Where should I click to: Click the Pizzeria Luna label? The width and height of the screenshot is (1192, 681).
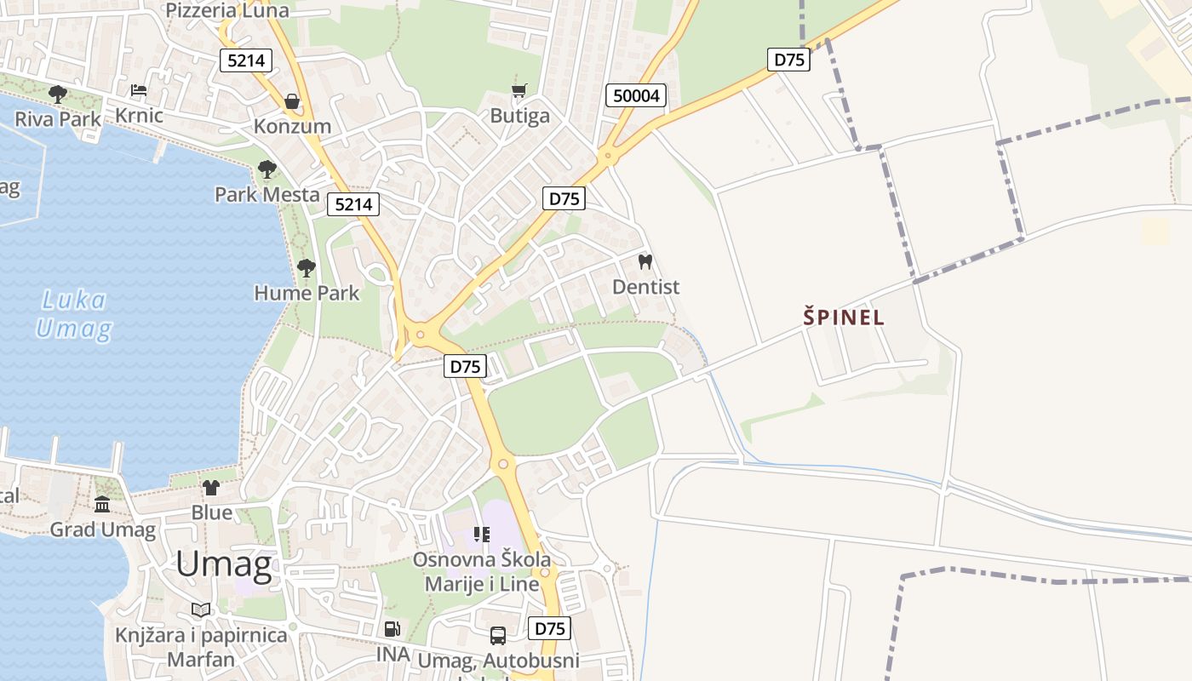point(227,10)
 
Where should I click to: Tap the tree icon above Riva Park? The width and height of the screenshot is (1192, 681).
point(58,94)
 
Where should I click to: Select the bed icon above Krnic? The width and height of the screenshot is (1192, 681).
point(138,90)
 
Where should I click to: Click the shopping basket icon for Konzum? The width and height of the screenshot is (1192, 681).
point(292,101)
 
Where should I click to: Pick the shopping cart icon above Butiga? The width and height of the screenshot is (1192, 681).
point(519,90)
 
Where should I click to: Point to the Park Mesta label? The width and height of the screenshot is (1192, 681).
point(267,194)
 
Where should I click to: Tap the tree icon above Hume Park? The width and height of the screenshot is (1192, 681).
point(307,269)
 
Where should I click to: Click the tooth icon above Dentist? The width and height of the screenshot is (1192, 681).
point(645,261)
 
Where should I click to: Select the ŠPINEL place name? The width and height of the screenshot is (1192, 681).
point(844,318)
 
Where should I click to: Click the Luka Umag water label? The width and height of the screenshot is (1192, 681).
point(74,314)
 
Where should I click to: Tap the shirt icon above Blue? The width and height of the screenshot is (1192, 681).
point(211,488)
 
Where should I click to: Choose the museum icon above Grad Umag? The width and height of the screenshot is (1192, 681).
point(103,505)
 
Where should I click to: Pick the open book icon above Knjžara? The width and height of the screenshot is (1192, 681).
point(201,609)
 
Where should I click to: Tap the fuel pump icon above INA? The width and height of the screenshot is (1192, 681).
point(393,629)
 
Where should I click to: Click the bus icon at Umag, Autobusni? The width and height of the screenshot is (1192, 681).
point(498,635)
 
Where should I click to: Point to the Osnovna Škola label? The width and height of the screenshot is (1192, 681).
point(482,560)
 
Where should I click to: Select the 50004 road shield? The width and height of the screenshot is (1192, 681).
point(636,95)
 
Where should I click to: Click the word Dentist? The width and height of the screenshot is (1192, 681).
point(646,287)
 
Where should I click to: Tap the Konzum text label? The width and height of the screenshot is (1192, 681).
point(292,126)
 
